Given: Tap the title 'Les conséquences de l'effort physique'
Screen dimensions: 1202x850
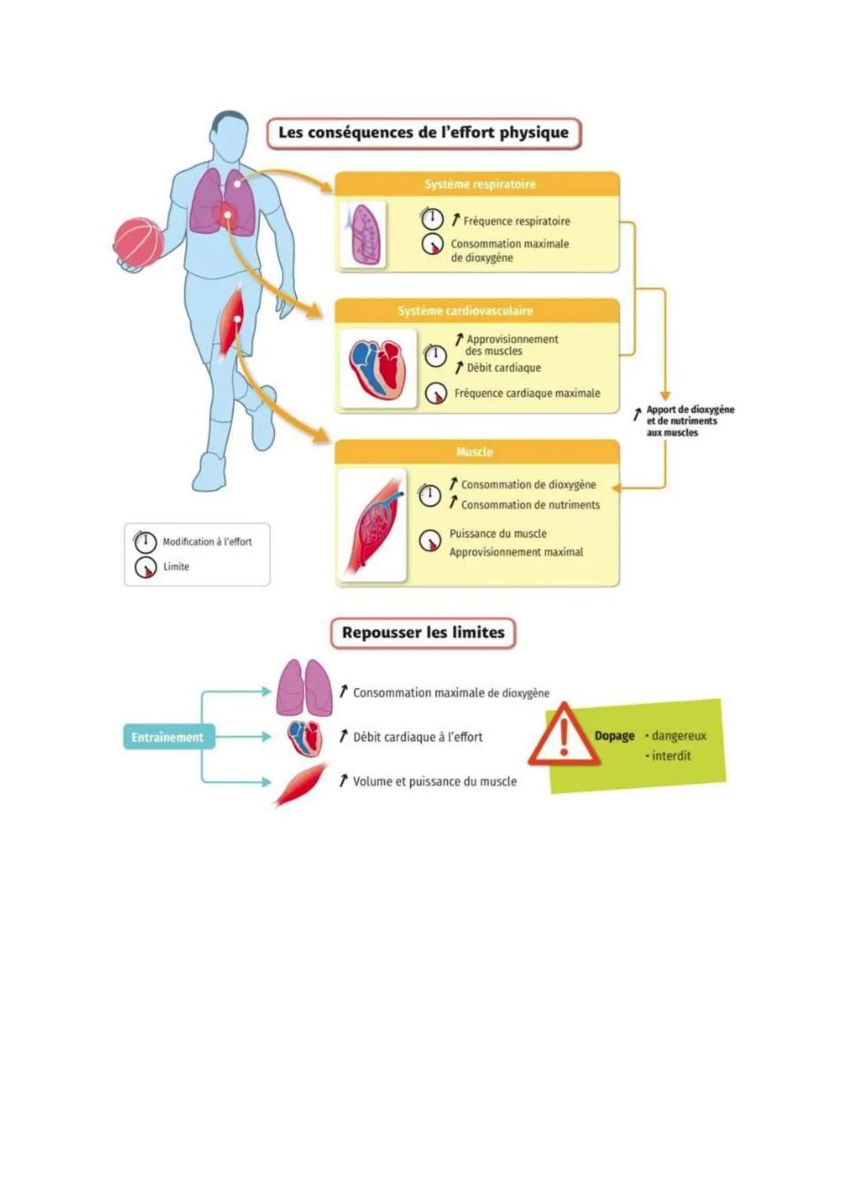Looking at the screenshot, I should point(423,133).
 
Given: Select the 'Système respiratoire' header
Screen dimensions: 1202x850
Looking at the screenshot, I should point(479,184).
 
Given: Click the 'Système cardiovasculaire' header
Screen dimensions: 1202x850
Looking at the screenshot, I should point(465,311).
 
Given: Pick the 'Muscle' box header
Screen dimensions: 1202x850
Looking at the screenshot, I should point(475,452).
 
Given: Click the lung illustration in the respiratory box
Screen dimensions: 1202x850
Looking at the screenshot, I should point(364,234).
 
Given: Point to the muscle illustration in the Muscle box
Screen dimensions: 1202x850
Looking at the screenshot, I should point(373,525).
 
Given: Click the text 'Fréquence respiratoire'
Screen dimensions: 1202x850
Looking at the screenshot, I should point(516,221).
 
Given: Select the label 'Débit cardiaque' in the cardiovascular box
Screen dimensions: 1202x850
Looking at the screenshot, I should point(504,368).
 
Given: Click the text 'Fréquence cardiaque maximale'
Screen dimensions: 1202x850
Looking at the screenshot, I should point(527,393).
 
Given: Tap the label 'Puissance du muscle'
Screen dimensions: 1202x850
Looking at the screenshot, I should point(497,534).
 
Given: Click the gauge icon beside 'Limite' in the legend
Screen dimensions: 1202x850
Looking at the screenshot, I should point(146,567).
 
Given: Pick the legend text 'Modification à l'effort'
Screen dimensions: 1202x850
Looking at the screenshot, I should point(207,542).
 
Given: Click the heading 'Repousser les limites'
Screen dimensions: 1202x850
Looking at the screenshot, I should point(423,633).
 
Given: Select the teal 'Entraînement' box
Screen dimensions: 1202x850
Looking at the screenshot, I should point(167,738).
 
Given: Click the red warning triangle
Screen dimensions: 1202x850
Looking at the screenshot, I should point(564,736).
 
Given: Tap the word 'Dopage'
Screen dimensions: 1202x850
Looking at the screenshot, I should point(614,736).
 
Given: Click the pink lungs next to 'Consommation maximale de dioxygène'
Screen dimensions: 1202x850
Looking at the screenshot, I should point(305,687).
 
